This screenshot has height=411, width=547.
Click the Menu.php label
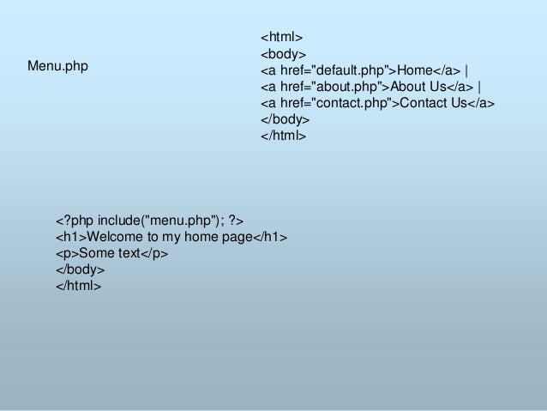point(57,65)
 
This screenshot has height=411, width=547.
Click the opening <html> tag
point(281,38)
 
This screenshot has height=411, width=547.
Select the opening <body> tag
point(283,54)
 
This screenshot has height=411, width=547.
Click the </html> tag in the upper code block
point(284,136)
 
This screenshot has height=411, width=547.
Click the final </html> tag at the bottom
point(79,286)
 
